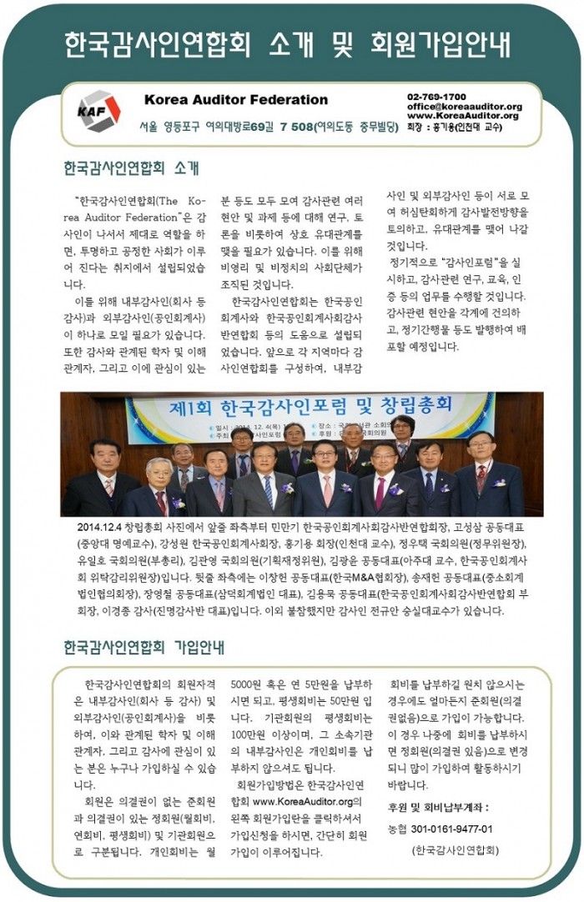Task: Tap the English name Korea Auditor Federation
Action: click(236, 100)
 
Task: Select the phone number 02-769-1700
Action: click(436, 97)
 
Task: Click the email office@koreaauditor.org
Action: click(465, 107)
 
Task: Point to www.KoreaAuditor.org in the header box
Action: click(463, 116)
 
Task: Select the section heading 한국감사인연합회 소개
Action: click(131, 168)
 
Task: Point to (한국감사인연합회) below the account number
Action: click(455, 850)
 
